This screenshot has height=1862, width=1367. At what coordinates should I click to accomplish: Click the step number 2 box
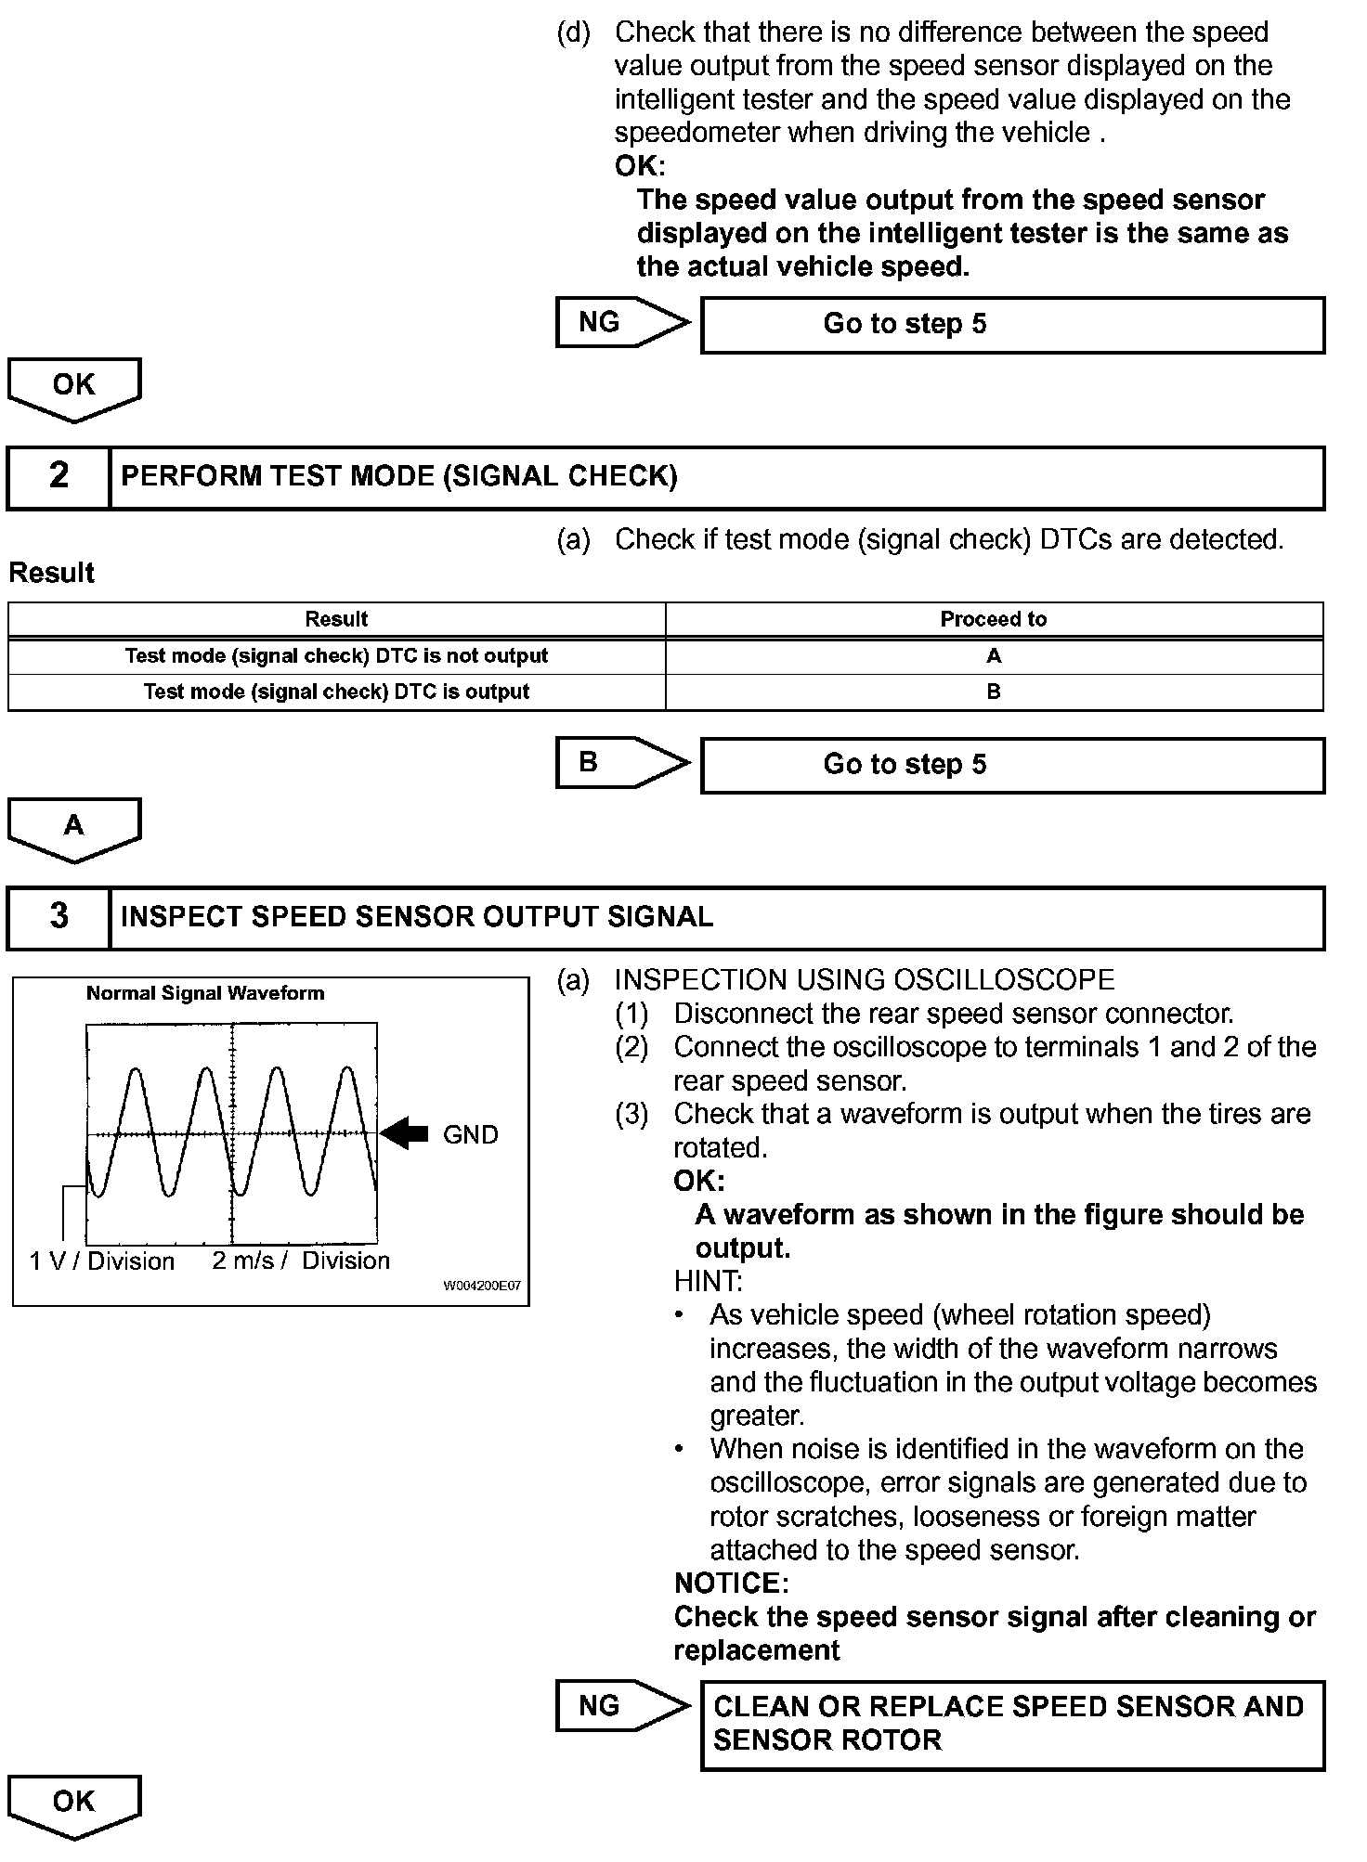pyautogui.click(x=59, y=477)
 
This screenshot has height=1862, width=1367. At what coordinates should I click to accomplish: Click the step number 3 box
pyautogui.click(x=59, y=917)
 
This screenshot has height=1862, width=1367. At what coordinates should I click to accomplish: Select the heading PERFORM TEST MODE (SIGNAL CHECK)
pyautogui.click(x=399, y=477)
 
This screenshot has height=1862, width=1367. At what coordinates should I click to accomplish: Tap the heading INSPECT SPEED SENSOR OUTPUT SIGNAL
pyautogui.click(x=417, y=917)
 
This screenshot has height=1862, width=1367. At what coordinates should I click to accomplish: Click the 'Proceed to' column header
pyautogui.click(x=993, y=619)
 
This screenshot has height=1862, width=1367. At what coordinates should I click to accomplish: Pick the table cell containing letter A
pyautogui.click(x=993, y=656)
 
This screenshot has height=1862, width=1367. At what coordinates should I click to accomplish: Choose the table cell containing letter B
pyautogui.click(x=993, y=692)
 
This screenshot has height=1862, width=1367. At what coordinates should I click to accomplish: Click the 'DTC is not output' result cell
pyautogui.click(x=336, y=656)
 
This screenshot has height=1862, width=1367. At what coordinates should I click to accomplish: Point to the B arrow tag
pyautogui.click(x=620, y=763)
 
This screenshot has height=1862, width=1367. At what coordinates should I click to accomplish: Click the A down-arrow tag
pyautogui.click(x=73, y=827)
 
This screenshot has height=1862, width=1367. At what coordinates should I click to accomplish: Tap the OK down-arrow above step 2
pyautogui.click(x=73, y=388)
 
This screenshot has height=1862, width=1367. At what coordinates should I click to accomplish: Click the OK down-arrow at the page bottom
pyautogui.click(x=73, y=1804)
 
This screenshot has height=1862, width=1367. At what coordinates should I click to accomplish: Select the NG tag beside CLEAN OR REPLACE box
pyautogui.click(x=620, y=1706)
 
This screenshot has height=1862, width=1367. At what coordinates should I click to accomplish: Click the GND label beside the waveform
pyautogui.click(x=470, y=1134)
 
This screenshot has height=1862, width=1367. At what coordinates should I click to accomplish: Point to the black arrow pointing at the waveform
pyautogui.click(x=405, y=1133)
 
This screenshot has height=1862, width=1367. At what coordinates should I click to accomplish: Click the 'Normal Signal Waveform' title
pyautogui.click(x=205, y=993)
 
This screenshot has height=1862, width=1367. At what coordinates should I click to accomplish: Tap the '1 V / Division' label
pyautogui.click(x=102, y=1261)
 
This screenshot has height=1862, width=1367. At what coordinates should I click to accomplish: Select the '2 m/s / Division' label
pyautogui.click(x=301, y=1261)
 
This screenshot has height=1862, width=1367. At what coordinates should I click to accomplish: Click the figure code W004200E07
pyautogui.click(x=481, y=1287)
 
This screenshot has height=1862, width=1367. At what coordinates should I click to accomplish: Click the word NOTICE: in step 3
pyautogui.click(x=731, y=1584)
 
